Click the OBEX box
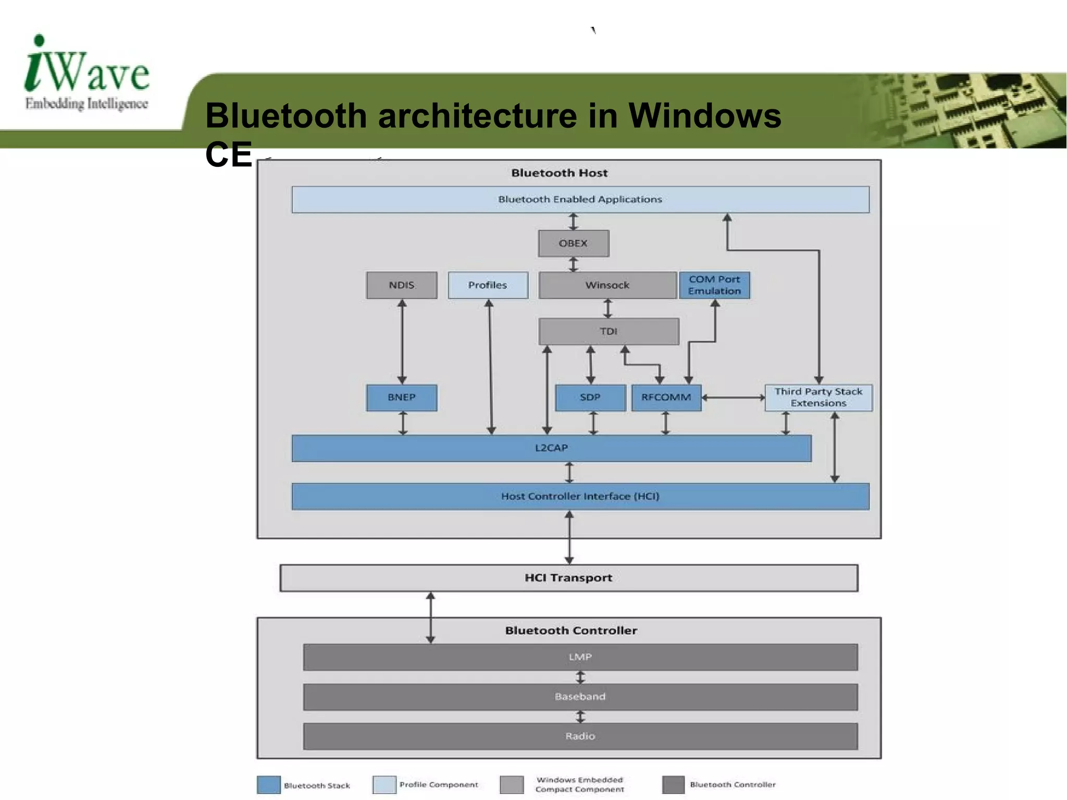pyautogui.click(x=573, y=243)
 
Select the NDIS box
pyautogui.click(x=401, y=285)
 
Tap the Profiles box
pyautogui.click(x=488, y=285)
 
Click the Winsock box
pyautogui.click(x=607, y=285)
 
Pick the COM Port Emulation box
pyautogui.click(x=714, y=285)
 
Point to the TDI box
pyautogui.click(x=609, y=331)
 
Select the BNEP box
pyautogui.click(x=401, y=398)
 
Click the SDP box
pyautogui.click(x=590, y=398)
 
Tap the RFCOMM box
pyautogui.click(x=666, y=398)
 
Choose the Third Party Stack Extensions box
pyautogui.click(x=818, y=398)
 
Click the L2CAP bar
pyautogui.click(x=551, y=448)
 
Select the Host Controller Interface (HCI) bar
pyautogui.click(x=580, y=497)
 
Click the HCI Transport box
pyautogui.click(x=568, y=578)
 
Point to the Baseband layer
pyautogui.click(x=580, y=697)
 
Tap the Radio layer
pyautogui.click(x=580, y=736)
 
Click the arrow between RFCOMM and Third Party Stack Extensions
pyautogui.click(x=733, y=398)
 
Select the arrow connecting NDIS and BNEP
pyautogui.click(x=402, y=342)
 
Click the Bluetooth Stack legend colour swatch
pyautogui.click(x=269, y=785)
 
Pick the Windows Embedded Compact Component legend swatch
pyautogui.click(x=512, y=785)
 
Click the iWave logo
pyautogui.click(x=87, y=73)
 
